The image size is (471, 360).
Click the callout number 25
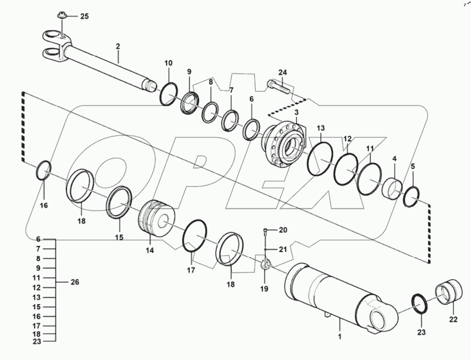pos(84,17)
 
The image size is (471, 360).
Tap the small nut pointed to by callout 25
pos(62,17)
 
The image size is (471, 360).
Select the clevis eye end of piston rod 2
pos(52,44)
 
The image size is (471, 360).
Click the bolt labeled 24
pos(277,88)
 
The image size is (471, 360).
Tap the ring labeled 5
pos(411,197)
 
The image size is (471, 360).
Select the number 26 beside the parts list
pos(74,282)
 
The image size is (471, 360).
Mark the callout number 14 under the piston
pos(149,250)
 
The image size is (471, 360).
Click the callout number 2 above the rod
pos(117,47)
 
